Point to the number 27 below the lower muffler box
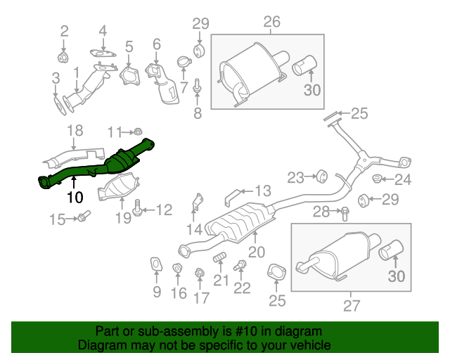(x=351, y=305)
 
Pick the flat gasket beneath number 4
(x=103, y=52)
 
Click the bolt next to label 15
(x=83, y=218)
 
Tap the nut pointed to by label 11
(x=139, y=131)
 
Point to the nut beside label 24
(x=378, y=179)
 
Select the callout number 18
(x=75, y=130)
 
